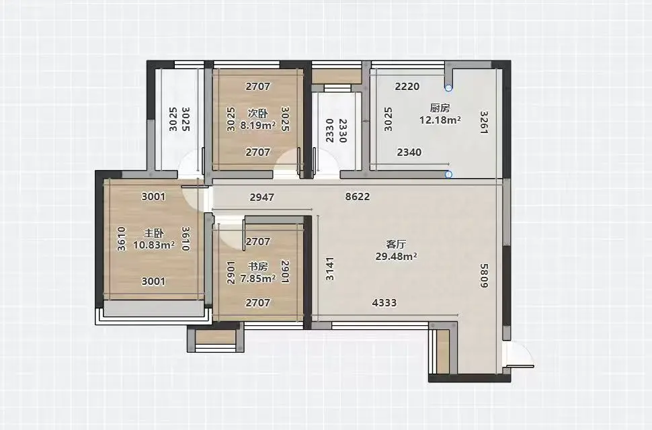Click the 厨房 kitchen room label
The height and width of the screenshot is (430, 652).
point(440,108)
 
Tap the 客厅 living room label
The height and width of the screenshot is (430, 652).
point(396,245)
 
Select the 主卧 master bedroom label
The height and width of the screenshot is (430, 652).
point(153,233)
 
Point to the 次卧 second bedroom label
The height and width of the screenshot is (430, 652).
point(258,113)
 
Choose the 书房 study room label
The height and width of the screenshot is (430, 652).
point(258,266)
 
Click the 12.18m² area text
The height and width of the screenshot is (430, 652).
point(440,120)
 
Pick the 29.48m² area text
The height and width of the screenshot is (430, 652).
point(396,257)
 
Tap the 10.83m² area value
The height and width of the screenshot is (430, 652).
point(153,245)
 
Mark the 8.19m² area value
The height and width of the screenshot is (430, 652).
point(258,125)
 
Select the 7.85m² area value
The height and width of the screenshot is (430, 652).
point(258,278)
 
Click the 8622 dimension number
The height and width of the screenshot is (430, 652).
point(358,196)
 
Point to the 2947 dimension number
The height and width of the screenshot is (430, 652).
point(262,197)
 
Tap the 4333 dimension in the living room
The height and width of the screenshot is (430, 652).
point(384,303)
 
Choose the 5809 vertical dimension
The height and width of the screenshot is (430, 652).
point(484,275)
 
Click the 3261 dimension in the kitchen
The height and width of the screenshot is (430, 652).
point(484,122)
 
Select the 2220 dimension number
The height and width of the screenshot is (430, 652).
point(407,87)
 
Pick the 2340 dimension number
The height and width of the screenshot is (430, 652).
point(409,152)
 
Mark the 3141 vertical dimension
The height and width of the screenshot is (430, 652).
point(329,269)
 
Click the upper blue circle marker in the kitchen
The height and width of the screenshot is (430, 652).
point(448,87)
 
